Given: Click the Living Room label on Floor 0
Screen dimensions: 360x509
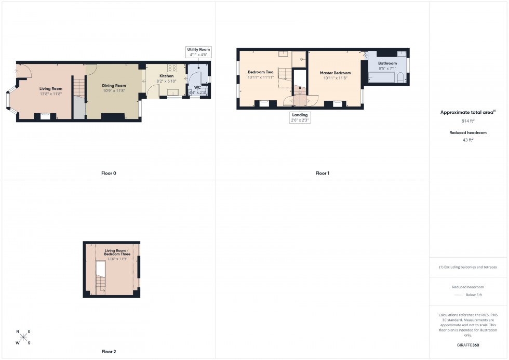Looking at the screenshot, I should (51, 89).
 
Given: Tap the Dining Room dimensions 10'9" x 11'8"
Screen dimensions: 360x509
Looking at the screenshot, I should (114, 90).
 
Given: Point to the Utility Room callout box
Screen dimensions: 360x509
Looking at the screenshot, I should (198, 51).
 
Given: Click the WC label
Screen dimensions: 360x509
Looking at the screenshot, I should (197, 87).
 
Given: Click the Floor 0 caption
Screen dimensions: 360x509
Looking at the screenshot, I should (109, 173).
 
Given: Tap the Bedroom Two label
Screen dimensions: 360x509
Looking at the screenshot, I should (260, 72).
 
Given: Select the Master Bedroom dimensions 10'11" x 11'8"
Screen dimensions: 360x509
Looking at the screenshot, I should (335, 78).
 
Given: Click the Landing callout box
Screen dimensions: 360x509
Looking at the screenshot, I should (300, 117).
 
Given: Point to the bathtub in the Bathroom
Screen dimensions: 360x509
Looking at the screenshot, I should (382, 78).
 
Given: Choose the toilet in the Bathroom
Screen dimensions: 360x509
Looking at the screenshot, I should (401, 78).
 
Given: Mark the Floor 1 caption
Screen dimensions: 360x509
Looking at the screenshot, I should (322, 173).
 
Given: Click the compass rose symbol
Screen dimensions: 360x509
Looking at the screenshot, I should (23, 337).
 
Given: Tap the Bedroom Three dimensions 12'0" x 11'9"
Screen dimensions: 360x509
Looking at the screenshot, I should (117, 258).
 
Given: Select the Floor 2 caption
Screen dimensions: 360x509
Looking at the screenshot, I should (109, 352).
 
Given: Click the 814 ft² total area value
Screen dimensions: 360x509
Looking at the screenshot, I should (468, 121).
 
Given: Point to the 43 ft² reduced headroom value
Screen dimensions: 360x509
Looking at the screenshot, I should (468, 140).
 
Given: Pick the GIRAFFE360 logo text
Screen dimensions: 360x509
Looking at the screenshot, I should (468, 345).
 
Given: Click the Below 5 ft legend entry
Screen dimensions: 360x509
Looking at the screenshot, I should (474, 295).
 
